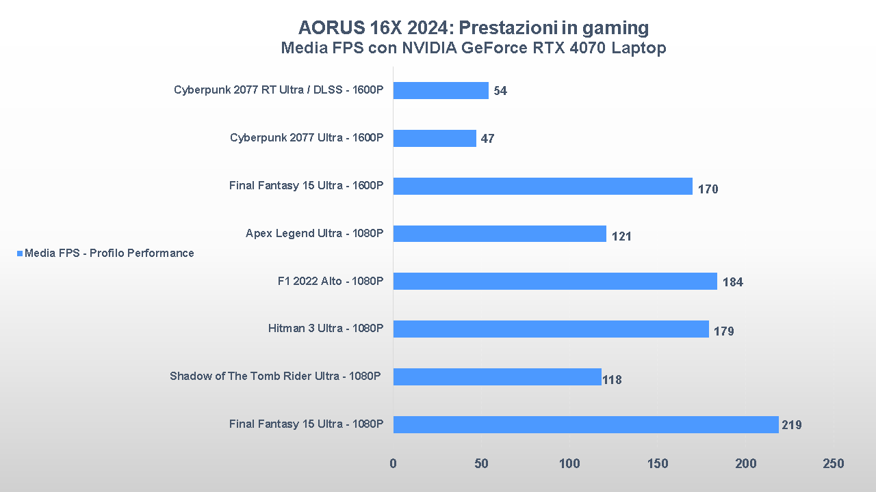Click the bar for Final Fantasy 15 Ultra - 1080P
(x=586, y=424)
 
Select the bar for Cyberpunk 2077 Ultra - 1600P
(x=435, y=138)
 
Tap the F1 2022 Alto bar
(x=555, y=281)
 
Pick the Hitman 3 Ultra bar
(x=551, y=329)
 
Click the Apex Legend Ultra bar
(x=500, y=234)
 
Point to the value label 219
(x=791, y=425)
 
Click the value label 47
(x=487, y=139)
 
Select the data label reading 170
(x=708, y=189)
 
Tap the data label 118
(x=612, y=379)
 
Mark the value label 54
(x=500, y=91)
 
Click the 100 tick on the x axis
(x=569, y=464)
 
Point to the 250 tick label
(x=834, y=464)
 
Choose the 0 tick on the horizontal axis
(x=393, y=464)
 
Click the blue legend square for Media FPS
(x=19, y=254)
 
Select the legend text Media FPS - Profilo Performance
(x=109, y=254)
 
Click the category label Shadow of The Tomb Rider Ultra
(x=274, y=376)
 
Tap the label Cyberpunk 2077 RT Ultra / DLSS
(x=279, y=90)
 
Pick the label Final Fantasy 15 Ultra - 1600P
(x=306, y=185)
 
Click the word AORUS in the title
(x=330, y=28)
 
